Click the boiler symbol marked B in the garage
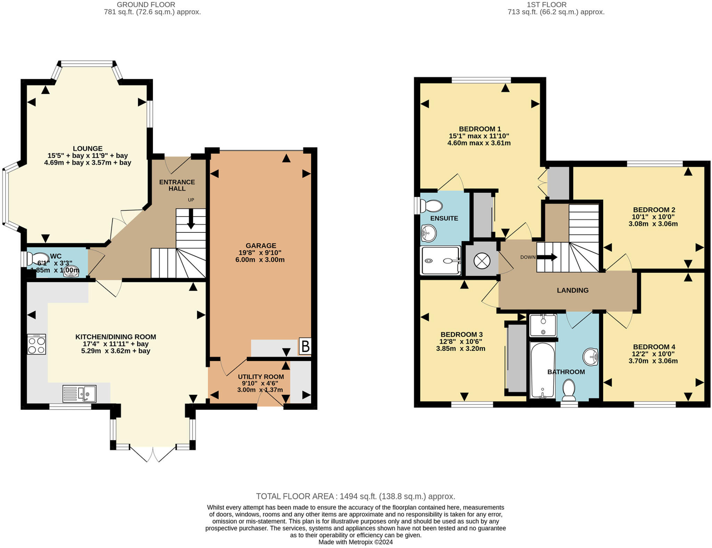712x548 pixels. (x=305, y=346)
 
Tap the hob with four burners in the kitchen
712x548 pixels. (x=37, y=344)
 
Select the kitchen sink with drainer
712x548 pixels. (x=79, y=394)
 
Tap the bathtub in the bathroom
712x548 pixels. (x=542, y=370)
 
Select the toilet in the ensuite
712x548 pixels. (x=431, y=206)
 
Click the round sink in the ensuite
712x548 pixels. (x=429, y=233)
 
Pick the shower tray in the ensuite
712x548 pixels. (x=441, y=260)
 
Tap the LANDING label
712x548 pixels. (x=572, y=291)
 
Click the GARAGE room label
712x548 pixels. (x=261, y=246)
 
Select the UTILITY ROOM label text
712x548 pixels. (x=261, y=377)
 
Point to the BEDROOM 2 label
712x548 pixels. (x=654, y=210)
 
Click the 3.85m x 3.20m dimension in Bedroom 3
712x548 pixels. (x=460, y=349)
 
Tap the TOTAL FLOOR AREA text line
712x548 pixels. (x=355, y=496)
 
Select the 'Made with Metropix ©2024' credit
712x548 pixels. (x=355, y=542)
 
